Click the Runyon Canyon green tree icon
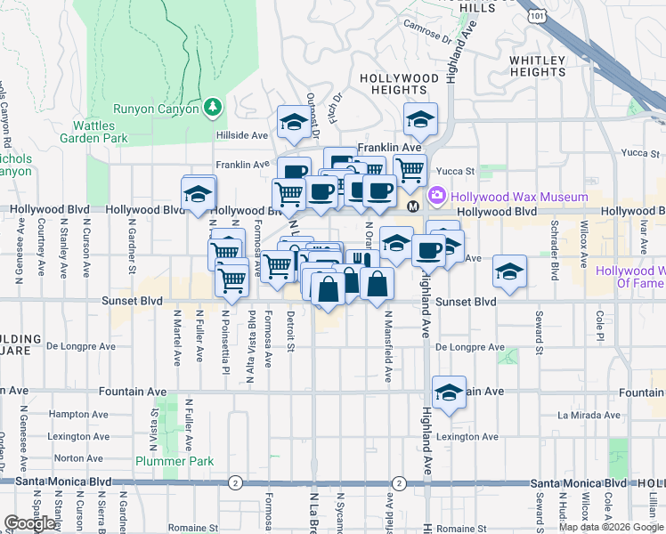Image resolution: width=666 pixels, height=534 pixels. pos(212,108)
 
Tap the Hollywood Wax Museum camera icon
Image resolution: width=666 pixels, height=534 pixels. pos(437,196)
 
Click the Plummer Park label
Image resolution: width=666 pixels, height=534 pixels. pos(175,460)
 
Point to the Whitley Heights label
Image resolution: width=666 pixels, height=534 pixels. pos(537,67)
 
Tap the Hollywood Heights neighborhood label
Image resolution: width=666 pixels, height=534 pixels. pos(399,84)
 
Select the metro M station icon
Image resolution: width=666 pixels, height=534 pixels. pos(413,206)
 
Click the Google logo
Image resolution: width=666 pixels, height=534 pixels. pos(29,523)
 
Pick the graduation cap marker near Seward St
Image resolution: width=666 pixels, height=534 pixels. pos(509,271)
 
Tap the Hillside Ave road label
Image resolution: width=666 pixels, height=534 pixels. pos(242,135)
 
